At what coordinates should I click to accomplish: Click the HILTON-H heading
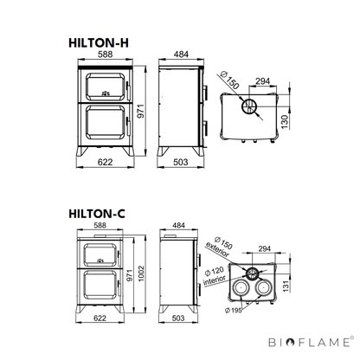(x=99, y=43)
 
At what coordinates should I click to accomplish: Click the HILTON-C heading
(x=97, y=214)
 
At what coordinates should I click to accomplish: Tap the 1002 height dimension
(x=141, y=273)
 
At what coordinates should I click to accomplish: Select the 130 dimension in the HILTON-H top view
(x=285, y=122)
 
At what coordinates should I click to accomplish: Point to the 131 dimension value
(x=286, y=286)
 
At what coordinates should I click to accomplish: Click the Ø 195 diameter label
(x=233, y=310)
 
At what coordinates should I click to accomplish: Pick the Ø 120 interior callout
(x=214, y=276)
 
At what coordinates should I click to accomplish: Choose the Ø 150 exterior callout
(x=219, y=247)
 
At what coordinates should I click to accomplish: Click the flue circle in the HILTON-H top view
(x=248, y=107)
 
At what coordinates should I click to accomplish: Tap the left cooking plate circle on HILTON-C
(x=240, y=287)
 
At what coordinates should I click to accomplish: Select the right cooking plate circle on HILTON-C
(x=263, y=287)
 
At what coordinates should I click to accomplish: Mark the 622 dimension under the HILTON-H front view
(x=105, y=162)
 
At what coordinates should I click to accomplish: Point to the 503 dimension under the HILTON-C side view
(x=178, y=318)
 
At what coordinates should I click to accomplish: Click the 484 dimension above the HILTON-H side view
(x=181, y=55)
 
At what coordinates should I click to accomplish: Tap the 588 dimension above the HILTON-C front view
(x=100, y=225)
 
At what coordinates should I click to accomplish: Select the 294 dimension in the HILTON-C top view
(x=265, y=248)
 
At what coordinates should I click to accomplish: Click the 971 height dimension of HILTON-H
(x=140, y=111)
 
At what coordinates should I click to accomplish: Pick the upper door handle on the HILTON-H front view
(x=127, y=90)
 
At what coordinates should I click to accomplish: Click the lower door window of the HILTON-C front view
(x=100, y=286)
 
